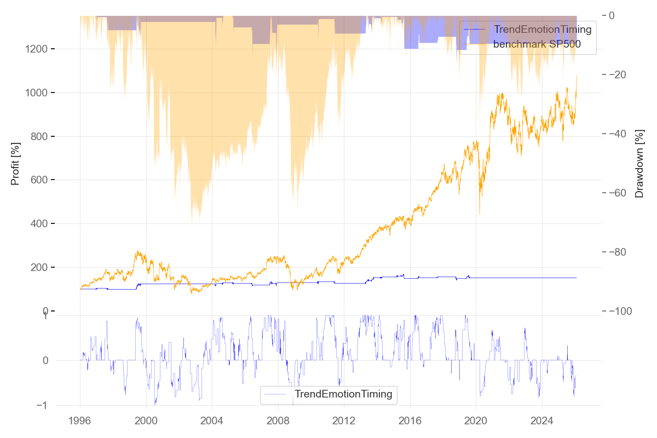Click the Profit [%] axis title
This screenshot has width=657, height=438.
[15, 163]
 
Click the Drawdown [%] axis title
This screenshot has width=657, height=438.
[639, 163]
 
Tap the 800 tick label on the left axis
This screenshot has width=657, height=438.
[43, 136]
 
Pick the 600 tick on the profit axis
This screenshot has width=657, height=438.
[43, 180]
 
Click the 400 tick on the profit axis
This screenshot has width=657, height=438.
[43, 224]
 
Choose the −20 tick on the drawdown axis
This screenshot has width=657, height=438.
[622, 74]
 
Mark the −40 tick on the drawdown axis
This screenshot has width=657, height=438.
[622, 134]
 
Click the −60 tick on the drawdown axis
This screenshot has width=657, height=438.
[622, 193]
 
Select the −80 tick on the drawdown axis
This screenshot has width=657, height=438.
[622, 252]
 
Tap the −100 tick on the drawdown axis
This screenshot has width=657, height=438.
[624, 311]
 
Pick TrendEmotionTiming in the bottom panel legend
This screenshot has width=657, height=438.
[343, 394]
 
